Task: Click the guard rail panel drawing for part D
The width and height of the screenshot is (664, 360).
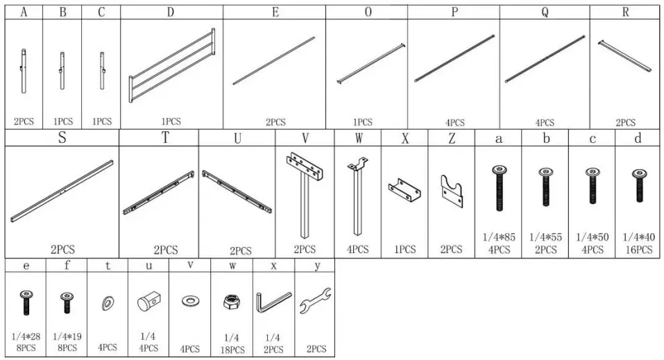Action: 171,67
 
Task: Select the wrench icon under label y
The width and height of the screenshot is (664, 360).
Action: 315,302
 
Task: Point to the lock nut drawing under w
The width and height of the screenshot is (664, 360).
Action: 232,302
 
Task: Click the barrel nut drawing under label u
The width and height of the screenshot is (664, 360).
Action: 148,302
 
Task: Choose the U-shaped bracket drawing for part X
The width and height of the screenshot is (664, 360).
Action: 405,189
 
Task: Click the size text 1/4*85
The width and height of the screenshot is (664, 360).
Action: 499,237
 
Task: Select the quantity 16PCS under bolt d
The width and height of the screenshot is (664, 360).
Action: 638,250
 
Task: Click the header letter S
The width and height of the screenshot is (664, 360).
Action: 62,137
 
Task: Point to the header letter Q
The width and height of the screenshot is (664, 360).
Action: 545,12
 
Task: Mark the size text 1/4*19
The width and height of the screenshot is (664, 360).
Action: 67,336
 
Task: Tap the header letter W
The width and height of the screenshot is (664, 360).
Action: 358,138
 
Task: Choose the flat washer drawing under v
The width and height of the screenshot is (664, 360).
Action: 189,301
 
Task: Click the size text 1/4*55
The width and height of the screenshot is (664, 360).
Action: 546,237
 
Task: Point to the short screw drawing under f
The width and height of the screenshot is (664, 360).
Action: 67,302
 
